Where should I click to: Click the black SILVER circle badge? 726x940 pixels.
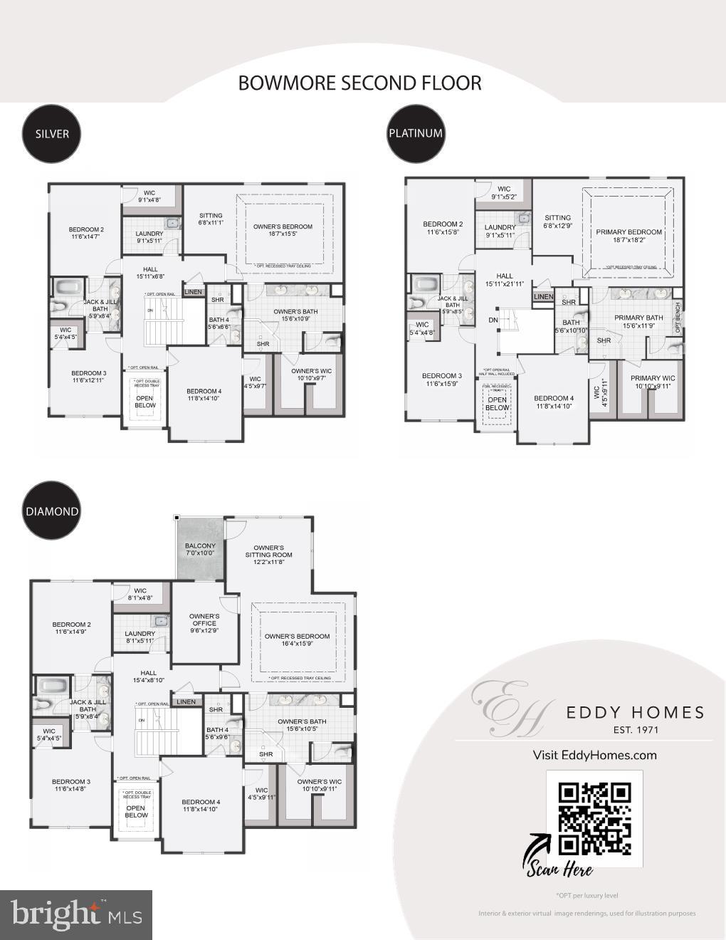pos(52,133)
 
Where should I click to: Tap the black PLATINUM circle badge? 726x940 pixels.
pos(416,133)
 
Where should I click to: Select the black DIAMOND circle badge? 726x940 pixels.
pos(52,511)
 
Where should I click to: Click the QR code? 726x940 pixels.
pos(594,818)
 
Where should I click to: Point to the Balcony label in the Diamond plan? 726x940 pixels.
pos(200,549)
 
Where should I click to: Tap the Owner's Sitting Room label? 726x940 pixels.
pos(268,555)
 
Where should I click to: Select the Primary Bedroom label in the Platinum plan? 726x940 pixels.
pos(628,236)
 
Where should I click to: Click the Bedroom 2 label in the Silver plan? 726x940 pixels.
pos(86,233)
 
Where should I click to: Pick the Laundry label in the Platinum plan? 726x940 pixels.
pos(500,231)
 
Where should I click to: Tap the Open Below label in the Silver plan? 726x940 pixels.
pos(144,402)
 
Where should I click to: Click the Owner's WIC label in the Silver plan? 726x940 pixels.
pos(312,375)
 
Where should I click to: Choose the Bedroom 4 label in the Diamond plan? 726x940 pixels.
pos(201,805)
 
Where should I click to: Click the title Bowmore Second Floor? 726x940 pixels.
pos(359,83)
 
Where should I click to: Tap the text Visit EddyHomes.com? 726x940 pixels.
pos(594,755)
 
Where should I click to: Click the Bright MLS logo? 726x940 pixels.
pos(76,914)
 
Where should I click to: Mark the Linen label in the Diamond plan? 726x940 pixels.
pos(186,701)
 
